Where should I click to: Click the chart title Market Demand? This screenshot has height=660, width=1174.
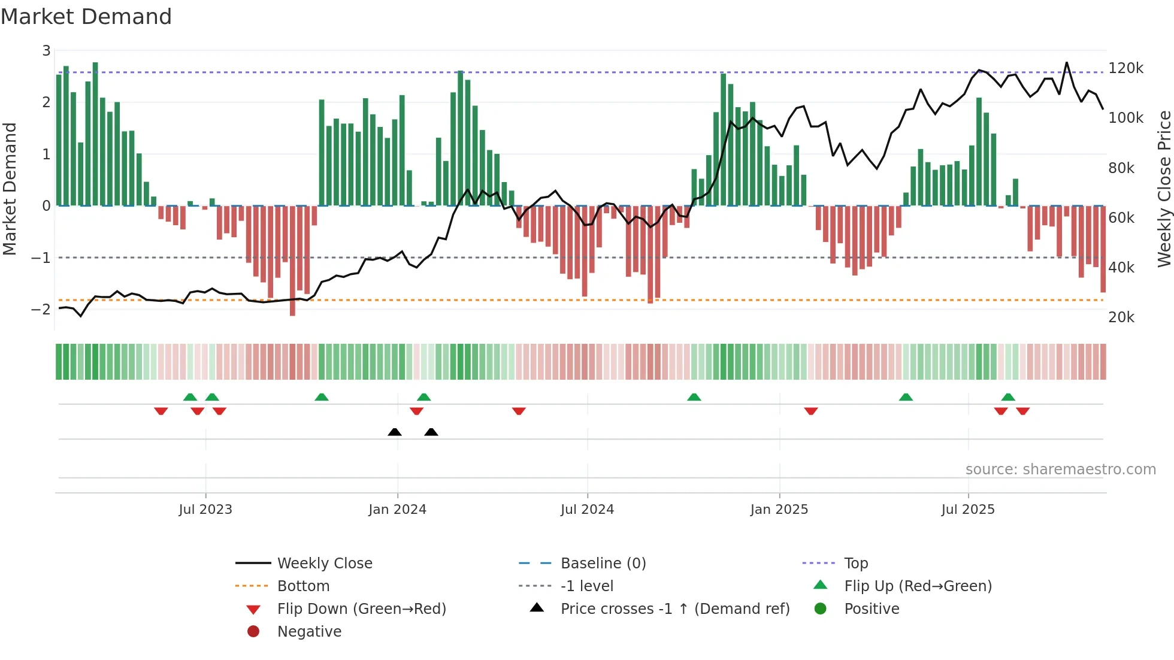click(x=86, y=16)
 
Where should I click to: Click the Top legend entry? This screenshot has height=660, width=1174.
click(x=855, y=563)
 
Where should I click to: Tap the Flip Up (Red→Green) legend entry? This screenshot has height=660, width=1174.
click(x=918, y=586)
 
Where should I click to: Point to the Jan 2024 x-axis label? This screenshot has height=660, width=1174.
click(x=397, y=509)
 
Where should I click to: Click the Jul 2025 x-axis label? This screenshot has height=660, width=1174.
click(x=967, y=509)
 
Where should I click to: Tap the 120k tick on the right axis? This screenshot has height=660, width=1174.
click(x=1125, y=68)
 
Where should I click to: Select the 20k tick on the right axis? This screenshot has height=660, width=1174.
click(x=1121, y=317)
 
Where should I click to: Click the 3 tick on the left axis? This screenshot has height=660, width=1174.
click(x=46, y=50)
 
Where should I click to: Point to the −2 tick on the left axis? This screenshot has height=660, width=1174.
click(x=41, y=309)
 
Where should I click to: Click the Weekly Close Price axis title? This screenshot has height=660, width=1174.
click(x=1164, y=189)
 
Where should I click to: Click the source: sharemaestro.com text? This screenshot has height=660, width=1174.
click(x=1060, y=469)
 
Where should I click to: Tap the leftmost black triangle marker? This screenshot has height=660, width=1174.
click(x=395, y=432)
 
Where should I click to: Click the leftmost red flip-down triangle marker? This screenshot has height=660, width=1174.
click(x=161, y=411)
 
